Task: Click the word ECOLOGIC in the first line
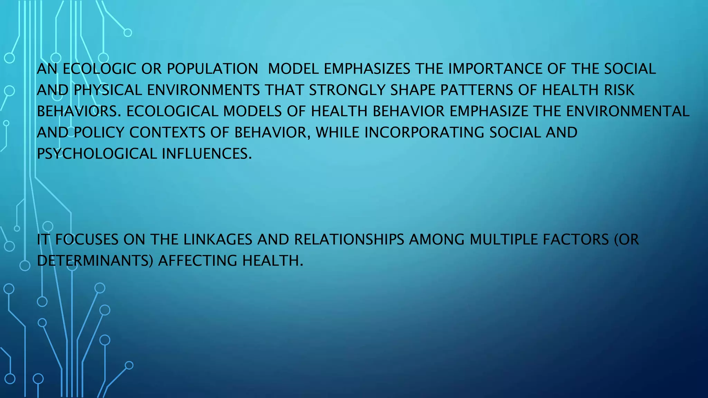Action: click(99, 69)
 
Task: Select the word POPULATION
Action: click(212, 69)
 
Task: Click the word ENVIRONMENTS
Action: click(203, 90)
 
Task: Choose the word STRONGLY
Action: click(347, 90)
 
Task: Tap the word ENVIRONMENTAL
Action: click(627, 111)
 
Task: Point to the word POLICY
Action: click(99, 133)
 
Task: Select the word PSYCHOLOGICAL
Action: click(97, 154)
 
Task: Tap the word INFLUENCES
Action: click(207, 154)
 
